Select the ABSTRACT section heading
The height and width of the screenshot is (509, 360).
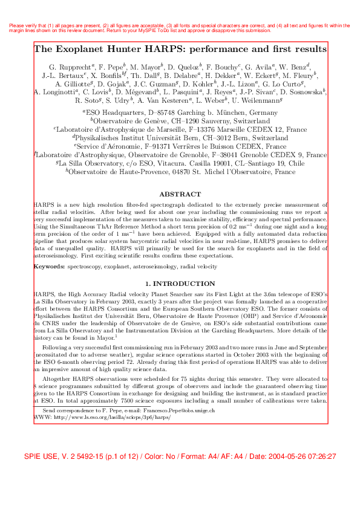[x=180, y=194]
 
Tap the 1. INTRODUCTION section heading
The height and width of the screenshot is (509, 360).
[x=180, y=283]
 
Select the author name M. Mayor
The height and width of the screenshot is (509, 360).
[x=145, y=65]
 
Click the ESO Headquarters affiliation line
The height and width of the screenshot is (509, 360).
[x=180, y=112]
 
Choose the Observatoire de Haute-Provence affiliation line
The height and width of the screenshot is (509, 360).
[x=180, y=172]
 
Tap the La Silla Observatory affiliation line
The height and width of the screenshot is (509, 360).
[x=180, y=163]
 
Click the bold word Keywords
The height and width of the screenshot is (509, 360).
[x=49, y=266]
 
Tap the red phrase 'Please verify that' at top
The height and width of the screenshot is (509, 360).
[x=25, y=25]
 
